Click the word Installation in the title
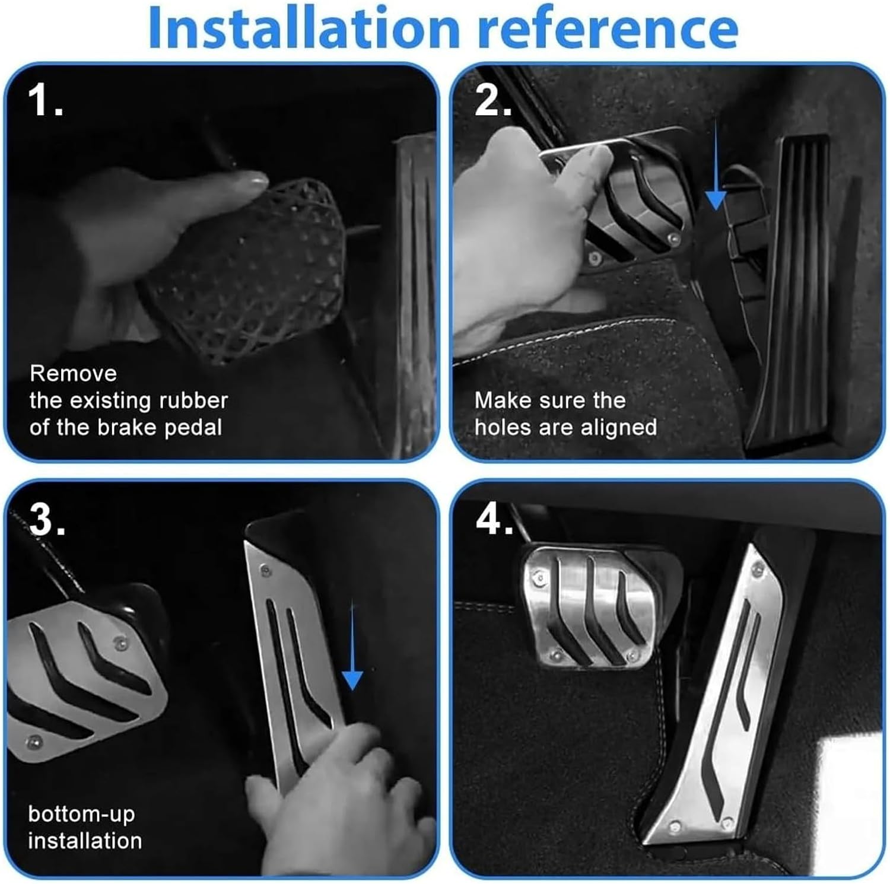pos(304,28)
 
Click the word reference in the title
pos(608,28)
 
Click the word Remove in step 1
pos(73,373)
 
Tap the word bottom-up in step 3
pos(81,815)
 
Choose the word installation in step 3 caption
pos(85,841)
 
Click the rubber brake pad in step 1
pos(249,270)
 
